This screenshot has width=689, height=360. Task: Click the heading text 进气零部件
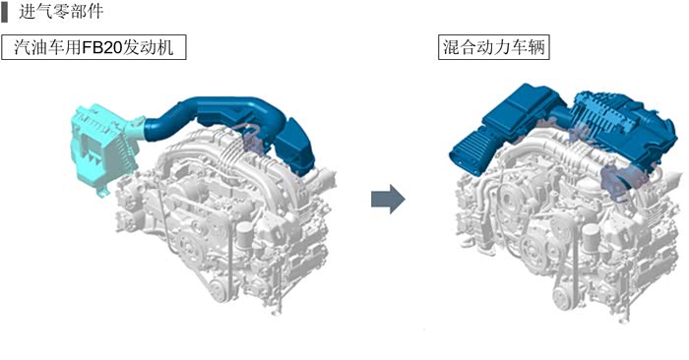(x=61, y=12)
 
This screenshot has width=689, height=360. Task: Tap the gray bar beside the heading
(x=4, y=12)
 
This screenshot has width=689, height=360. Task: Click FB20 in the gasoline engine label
(x=102, y=47)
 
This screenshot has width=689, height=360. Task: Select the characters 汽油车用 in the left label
(x=48, y=47)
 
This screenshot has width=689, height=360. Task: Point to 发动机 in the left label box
(x=148, y=47)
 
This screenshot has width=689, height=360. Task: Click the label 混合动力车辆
(x=494, y=47)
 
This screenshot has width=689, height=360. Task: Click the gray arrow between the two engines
(x=388, y=199)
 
